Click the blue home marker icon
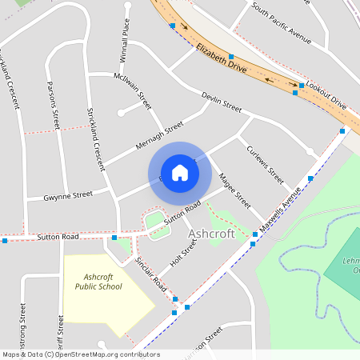click(x=180, y=173)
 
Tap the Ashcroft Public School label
click(x=98, y=282)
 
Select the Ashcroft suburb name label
click(x=211, y=234)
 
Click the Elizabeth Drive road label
click(x=220, y=58)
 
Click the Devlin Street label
click(x=222, y=102)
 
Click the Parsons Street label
click(x=54, y=105)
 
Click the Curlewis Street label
click(x=265, y=163)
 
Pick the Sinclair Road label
click(x=150, y=273)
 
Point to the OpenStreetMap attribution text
click(x=81, y=354)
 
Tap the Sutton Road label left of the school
click(x=58, y=238)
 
